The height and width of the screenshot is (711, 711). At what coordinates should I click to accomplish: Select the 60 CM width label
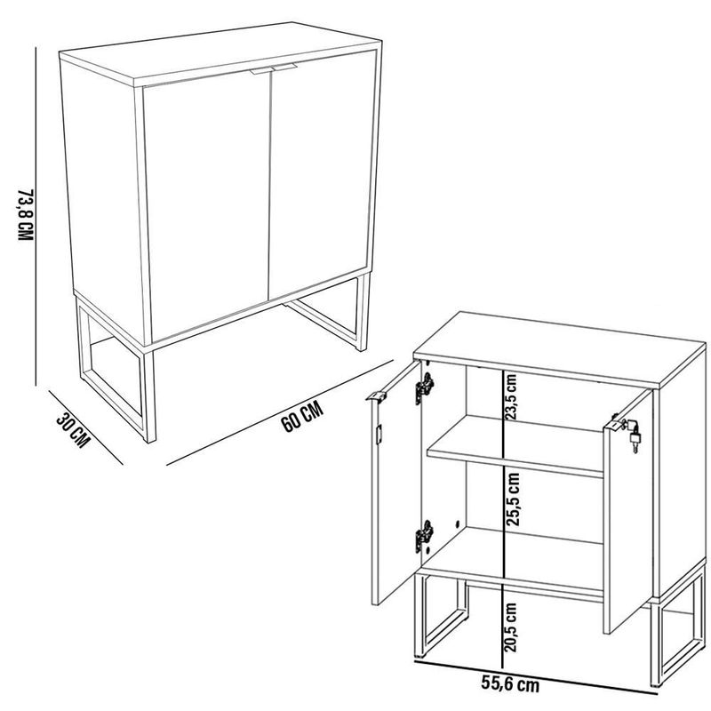pyautogui.click(x=301, y=417)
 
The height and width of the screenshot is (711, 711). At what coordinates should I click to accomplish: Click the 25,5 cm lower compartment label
pyautogui.click(x=512, y=501)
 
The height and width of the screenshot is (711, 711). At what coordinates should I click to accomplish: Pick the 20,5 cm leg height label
pyautogui.click(x=512, y=627)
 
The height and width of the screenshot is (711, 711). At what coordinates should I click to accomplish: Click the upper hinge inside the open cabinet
pyautogui.click(x=426, y=388)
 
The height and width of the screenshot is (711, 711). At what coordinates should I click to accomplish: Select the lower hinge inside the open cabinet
pyautogui.click(x=424, y=536)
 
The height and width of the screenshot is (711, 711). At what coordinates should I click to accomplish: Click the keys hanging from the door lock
pyautogui.click(x=633, y=438)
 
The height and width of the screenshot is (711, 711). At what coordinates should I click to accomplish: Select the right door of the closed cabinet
pyautogui.click(x=320, y=182)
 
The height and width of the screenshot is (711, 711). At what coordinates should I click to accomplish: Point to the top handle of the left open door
pyautogui.click(x=377, y=397)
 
